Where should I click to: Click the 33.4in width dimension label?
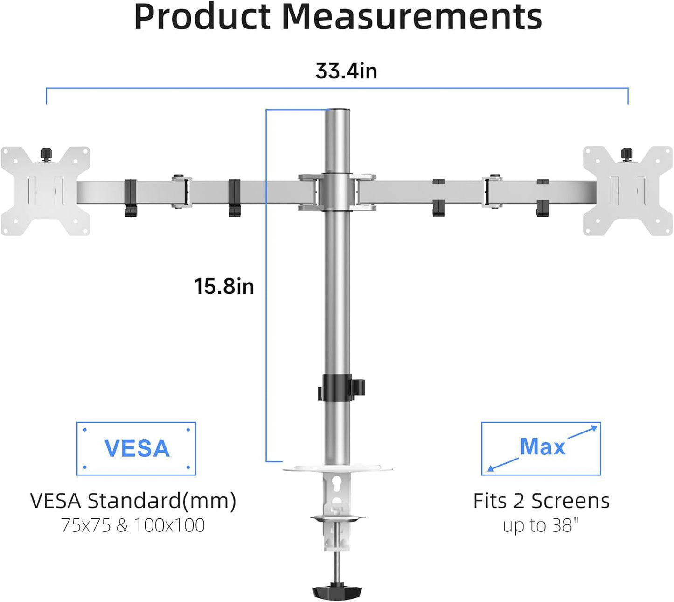pos(346,71)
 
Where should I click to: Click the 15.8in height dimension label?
pos(224,286)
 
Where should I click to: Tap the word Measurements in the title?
pos(412,17)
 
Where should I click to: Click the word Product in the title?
pos(202,17)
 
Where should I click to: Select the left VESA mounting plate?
pos(45,191)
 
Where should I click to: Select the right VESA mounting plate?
pos(628,191)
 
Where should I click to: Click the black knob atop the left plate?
pos(46,154)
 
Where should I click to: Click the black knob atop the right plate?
pos(626,154)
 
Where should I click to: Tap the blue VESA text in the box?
pos(137,449)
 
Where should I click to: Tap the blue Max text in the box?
pos(542,447)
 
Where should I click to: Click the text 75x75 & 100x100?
pos(133,525)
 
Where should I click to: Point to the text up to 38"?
pos(541,525)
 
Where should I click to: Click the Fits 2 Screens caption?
pos(541,501)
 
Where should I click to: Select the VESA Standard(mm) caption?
pos(133,501)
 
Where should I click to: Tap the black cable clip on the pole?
pos(340,387)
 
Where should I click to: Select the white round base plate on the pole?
pos(337,467)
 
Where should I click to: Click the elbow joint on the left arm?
pos(181,191)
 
